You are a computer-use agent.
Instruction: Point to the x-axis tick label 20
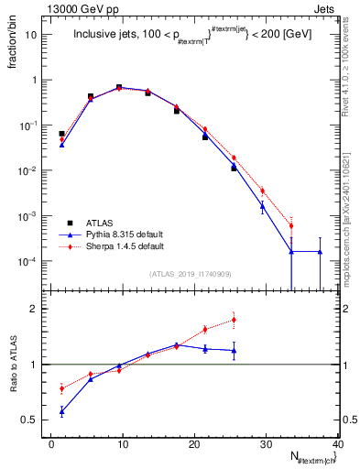click(x=193, y=444)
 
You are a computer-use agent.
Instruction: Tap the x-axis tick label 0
click(x=50, y=444)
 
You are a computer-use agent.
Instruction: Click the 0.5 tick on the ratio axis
click(x=35, y=420)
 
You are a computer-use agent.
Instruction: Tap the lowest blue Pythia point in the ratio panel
click(x=61, y=412)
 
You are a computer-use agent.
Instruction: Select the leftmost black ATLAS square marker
click(x=61, y=134)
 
